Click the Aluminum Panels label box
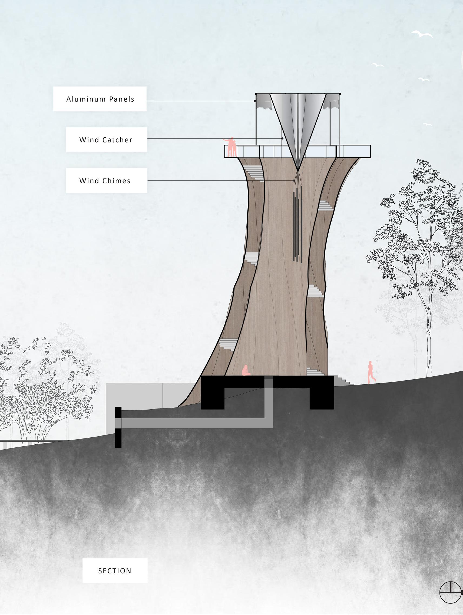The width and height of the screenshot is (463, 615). [100, 99]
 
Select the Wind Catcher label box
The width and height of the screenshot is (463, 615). [106, 140]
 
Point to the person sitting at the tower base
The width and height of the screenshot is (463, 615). [246, 371]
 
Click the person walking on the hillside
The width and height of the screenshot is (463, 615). [371, 372]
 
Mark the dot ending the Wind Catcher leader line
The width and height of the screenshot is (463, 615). [282, 138]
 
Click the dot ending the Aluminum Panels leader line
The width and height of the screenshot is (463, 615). [255, 101]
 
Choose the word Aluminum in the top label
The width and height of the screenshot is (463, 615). [82, 99]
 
